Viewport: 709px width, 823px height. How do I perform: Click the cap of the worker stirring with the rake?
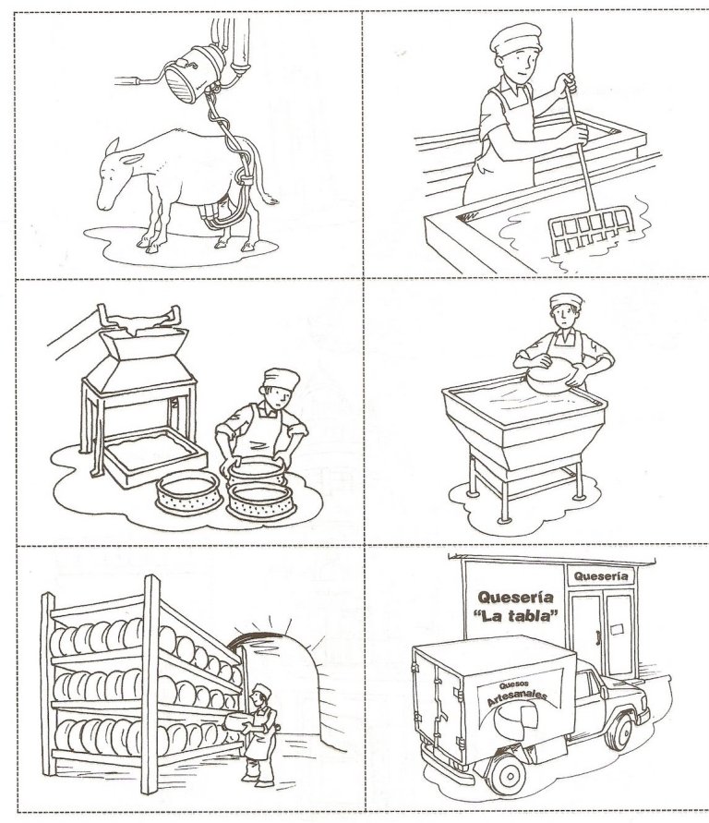tap(515, 38)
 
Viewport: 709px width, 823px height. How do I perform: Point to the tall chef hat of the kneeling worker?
tap(281, 379)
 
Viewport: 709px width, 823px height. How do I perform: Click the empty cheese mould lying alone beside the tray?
tap(187, 492)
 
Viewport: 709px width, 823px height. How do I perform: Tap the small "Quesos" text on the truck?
tap(511, 685)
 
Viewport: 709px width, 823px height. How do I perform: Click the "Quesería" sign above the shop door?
tap(601, 575)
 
